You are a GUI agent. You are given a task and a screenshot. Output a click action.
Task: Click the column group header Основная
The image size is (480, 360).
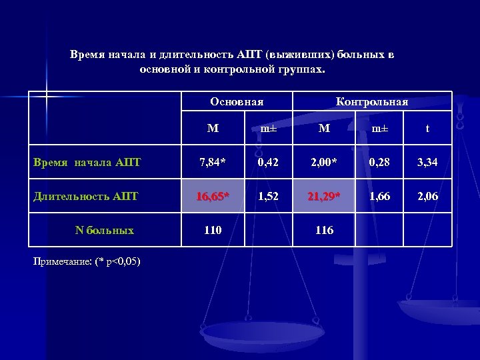(x=237, y=102)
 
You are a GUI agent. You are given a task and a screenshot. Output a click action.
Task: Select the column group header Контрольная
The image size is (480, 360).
(x=372, y=102)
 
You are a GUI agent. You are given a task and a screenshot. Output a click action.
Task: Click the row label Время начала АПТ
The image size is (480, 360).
(x=87, y=161)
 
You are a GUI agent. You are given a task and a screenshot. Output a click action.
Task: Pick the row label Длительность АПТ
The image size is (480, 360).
(x=86, y=196)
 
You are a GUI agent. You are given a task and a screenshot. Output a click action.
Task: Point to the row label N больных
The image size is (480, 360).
(x=105, y=231)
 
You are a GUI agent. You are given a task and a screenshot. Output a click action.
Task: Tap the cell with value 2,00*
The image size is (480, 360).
(x=324, y=162)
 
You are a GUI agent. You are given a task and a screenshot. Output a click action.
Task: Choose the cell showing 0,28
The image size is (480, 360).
(x=378, y=162)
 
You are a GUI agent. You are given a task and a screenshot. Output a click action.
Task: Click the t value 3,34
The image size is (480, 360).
(x=427, y=162)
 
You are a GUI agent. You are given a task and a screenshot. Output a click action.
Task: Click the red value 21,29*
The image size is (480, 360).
(x=324, y=197)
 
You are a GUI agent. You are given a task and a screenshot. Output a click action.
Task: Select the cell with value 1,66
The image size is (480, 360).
(x=378, y=197)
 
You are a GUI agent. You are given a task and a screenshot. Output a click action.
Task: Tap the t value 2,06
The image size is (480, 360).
(x=427, y=197)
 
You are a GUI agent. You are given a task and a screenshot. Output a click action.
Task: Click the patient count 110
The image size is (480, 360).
(x=213, y=231)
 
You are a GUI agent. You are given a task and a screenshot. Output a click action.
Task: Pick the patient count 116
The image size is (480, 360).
(x=324, y=231)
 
